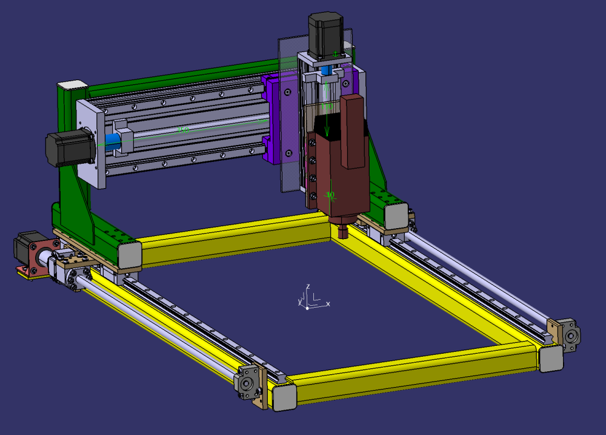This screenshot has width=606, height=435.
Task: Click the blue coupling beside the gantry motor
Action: (x=113, y=141)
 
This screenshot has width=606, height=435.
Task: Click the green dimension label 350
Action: (x=182, y=130)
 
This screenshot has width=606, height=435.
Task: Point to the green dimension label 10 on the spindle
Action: (x=330, y=195)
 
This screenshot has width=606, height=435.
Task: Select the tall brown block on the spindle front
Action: (x=353, y=130)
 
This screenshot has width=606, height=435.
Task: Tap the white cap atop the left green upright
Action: (x=72, y=85)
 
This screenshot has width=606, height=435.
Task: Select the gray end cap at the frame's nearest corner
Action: (x=284, y=396)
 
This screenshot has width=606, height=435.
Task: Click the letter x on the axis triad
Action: (x=328, y=303)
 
